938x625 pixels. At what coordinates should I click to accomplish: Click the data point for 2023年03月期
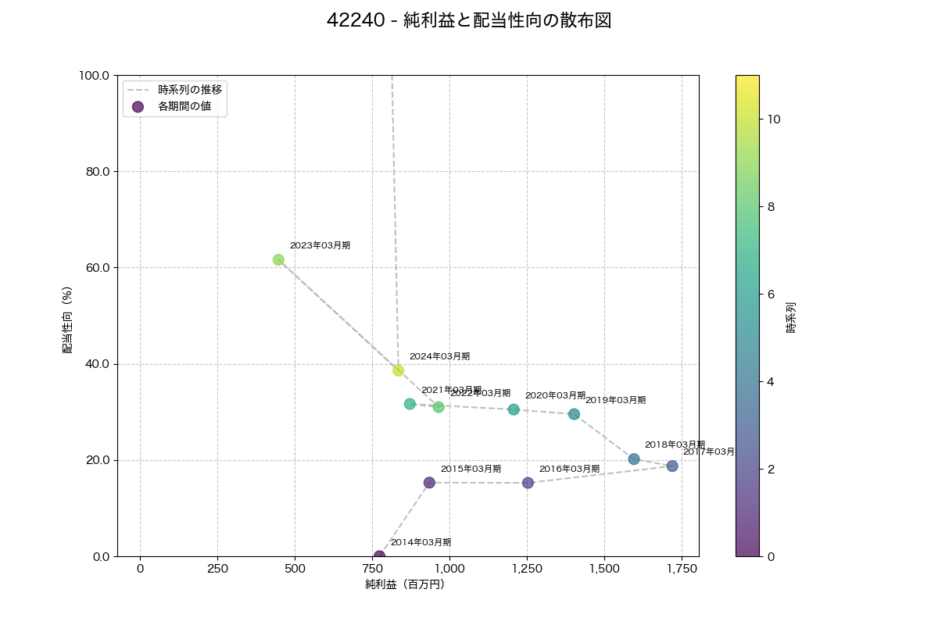click(x=278, y=259)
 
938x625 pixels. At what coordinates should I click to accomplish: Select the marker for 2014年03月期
click(x=379, y=556)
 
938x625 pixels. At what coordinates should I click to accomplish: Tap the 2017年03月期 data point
click(x=672, y=466)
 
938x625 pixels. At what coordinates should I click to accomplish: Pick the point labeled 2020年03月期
click(x=514, y=409)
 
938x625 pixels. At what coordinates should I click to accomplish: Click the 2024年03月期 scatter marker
click(x=399, y=370)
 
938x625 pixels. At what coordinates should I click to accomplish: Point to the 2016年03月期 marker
click(x=528, y=483)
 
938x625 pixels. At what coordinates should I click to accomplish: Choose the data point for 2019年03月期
click(x=574, y=414)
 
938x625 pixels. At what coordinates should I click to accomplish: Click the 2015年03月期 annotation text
click(x=471, y=469)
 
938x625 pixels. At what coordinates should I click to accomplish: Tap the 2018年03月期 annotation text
click(x=675, y=445)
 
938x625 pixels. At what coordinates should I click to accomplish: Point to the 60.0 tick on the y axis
click(x=97, y=268)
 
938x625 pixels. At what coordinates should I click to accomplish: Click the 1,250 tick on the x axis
click(x=527, y=568)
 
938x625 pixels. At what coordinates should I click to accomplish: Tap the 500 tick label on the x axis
click(x=295, y=568)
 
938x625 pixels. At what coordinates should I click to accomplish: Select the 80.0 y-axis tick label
click(x=97, y=172)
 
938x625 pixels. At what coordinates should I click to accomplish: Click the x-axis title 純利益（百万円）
click(x=405, y=584)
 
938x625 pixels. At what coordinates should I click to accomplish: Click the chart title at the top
click(x=469, y=21)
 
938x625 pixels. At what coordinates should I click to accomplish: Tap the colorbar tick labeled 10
click(x=774, y=119)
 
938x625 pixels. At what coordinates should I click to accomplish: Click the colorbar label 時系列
click(x=791, y=316)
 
